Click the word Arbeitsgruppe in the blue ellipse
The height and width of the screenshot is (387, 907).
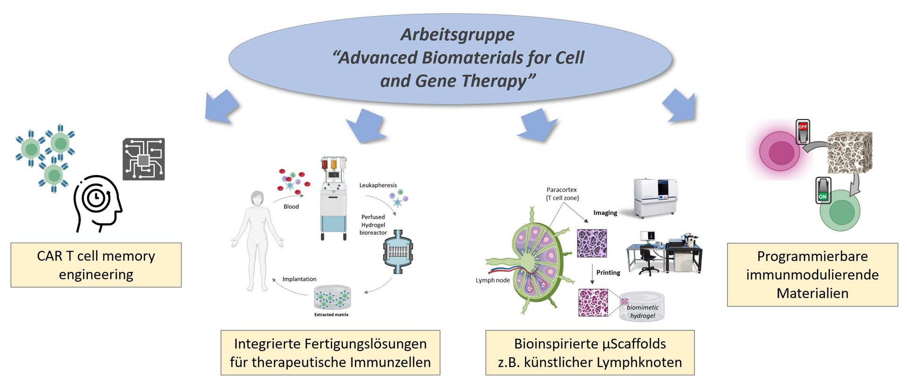pyautogui.click(x=457, y=34)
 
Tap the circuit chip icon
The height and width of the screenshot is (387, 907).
pyautogui.click(x=144, y=159)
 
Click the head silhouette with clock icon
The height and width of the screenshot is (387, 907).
pyautogui.click(x=98, y=203)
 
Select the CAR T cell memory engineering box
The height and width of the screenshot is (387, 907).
pyautogui.click(x=96, y=265)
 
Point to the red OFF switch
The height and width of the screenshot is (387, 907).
pyautogui.click(x=803, y=132)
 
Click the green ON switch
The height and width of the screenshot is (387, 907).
pyautogui.click(x=823, y=191)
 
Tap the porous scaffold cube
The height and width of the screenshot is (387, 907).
pyautogui.click(x=850, y=152)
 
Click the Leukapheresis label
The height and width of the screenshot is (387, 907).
pyautogui.click(x=378, y=185)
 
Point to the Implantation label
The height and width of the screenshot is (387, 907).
pyautogui.click(x=299, y=279)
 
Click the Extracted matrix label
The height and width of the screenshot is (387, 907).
pyautogui.click(x=331, y=315)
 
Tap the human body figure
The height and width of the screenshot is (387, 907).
pyautogui.click(x=257, y=241)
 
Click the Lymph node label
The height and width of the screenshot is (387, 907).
pyautogui.click(x=493, y=280)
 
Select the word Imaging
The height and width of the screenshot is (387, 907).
pyautogui.click(x=605, y=213)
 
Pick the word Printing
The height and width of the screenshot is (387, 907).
pyautogui.click(x=608, y=273)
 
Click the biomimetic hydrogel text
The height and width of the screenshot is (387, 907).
pyautogui.click(x=642, y=311)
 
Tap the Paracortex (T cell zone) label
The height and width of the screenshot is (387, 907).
pyautogui.click(x=562, y=193)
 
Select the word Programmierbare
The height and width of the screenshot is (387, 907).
pyautogui.click(x=812, y=256)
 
